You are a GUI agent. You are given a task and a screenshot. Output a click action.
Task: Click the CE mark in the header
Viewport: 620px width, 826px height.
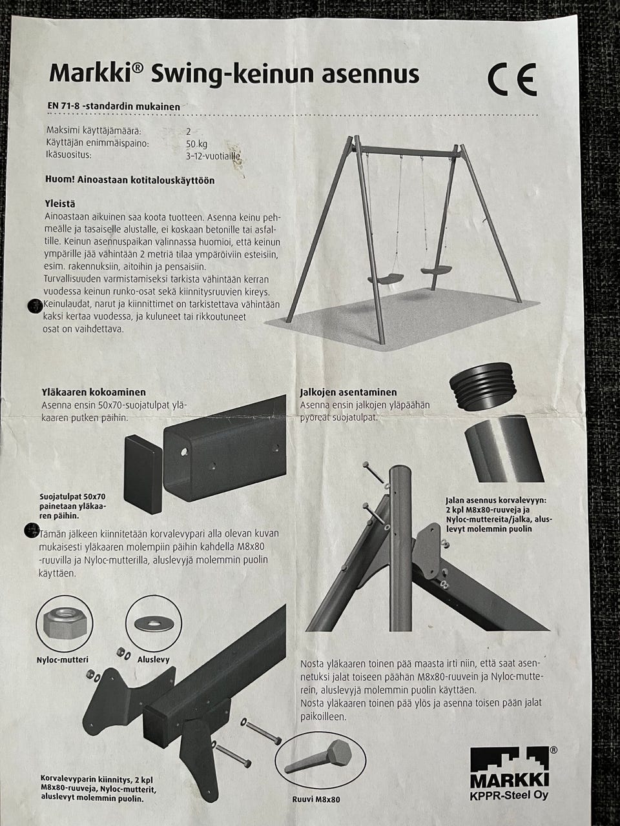[513, 79]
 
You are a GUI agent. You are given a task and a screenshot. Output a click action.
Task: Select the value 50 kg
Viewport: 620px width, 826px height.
[196, 144]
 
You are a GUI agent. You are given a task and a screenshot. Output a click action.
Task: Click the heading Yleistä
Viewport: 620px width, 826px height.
[60, 204]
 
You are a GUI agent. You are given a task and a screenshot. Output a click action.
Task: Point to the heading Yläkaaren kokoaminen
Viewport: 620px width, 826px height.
[94, 392]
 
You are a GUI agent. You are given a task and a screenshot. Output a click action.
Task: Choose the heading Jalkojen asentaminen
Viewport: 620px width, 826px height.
[348, 392]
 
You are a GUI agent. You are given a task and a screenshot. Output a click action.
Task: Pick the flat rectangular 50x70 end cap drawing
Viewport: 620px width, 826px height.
[143, 474]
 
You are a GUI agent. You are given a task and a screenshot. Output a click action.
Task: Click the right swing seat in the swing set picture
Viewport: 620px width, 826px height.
[437, 270]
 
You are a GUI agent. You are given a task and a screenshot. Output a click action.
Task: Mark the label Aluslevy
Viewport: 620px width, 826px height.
[154, 660]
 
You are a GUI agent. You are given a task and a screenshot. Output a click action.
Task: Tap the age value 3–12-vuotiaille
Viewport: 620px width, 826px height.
[213, 157]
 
